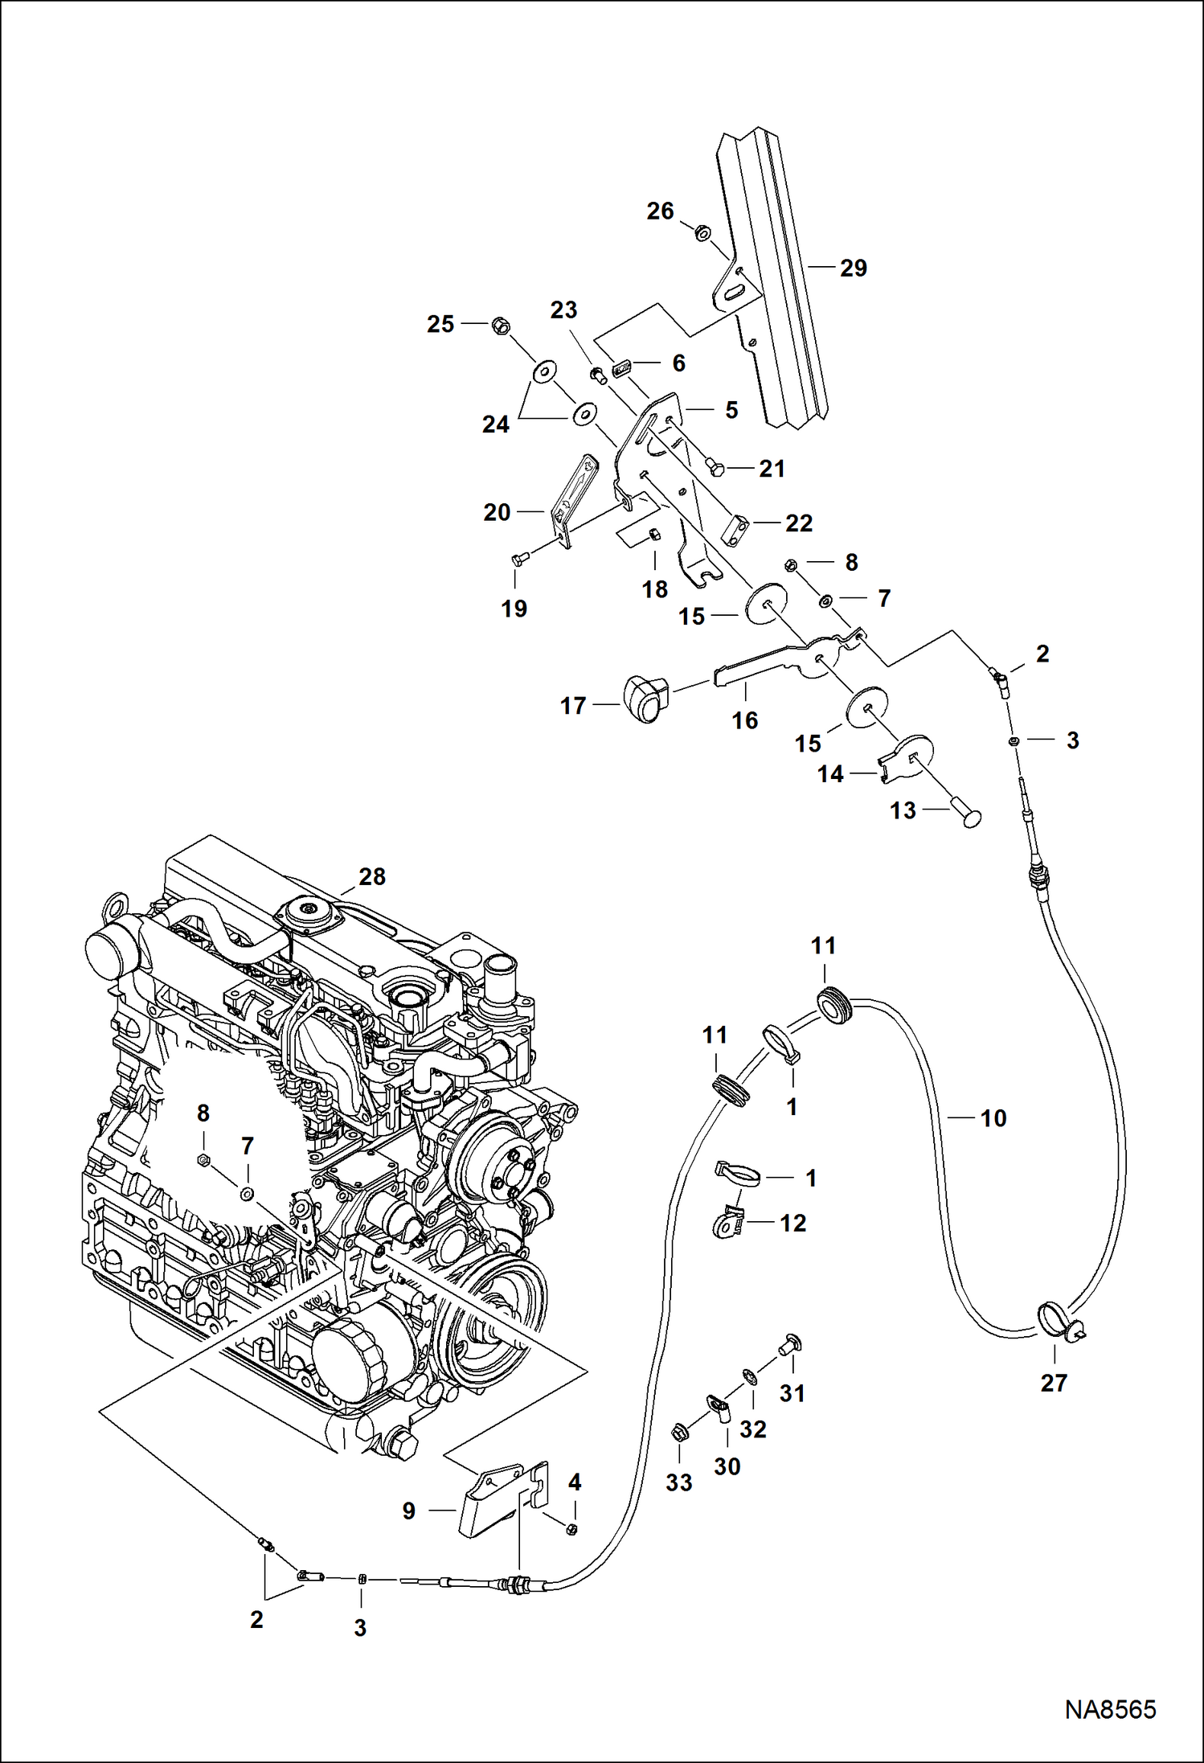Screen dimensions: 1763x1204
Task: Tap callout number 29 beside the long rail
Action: click(x=853, y=269)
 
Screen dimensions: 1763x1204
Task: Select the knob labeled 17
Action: click(x=645, y=699)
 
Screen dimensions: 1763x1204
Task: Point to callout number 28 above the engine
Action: click(x=372, y=876)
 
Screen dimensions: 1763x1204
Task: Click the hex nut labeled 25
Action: click(x=501, y=326)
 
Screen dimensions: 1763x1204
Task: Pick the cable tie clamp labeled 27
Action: click(x=1055, y=1321)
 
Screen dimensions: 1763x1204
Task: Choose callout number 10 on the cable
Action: click(x=993, y=1118)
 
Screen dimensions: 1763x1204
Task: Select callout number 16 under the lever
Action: click(x=744, y=720)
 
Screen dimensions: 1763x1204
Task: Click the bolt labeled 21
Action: click(x=715, y=466)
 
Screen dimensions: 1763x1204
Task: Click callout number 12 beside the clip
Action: click(x=792, y=1223)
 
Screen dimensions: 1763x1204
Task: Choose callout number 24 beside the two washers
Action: click(x=495, y=424)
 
